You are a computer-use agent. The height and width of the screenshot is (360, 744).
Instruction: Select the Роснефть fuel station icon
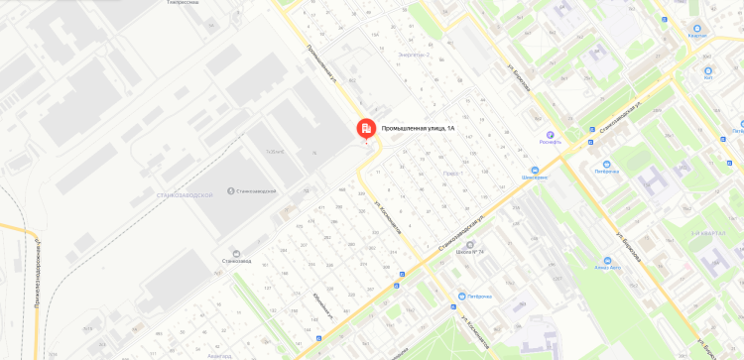(x=550, y=134)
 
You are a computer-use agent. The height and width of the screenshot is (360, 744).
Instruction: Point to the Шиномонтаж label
(x=535, y=178)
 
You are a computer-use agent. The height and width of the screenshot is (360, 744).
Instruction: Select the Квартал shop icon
(x=697, y=29)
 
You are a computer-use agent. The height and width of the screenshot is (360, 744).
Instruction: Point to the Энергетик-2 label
(x=412, y=55)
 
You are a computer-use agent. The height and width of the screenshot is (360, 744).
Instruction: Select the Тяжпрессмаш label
(x=183, y=3)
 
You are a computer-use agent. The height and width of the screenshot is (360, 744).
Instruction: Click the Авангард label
(x=220, y=355)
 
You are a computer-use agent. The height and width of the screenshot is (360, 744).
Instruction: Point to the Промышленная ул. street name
(x=323, y=61)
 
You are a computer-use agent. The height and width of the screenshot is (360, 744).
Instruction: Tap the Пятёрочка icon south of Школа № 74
(x=461, y=296)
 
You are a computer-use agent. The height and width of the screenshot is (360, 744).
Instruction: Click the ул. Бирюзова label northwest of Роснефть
(x=522, y=75)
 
